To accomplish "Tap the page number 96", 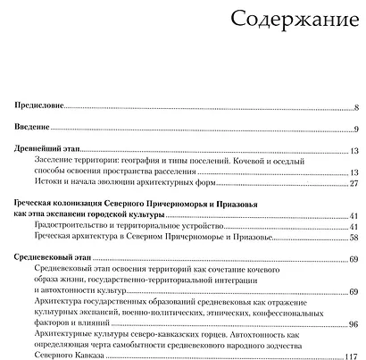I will click(x=354, y=324).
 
